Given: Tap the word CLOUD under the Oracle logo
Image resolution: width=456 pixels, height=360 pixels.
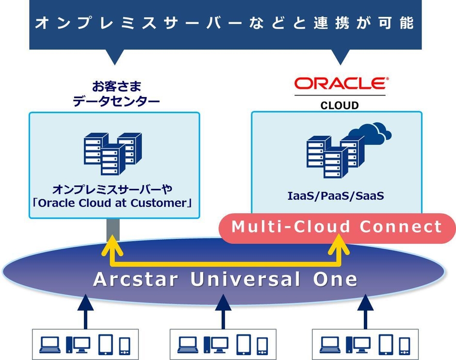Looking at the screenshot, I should pyautogui.click(x=340, y=105).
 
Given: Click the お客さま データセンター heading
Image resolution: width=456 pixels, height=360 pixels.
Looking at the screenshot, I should pyautogui.click(x=116, y=95).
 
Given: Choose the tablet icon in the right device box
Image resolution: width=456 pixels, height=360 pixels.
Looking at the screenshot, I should pyautogui.click(x=387, y=344).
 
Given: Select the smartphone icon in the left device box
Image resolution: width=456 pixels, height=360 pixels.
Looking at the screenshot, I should pyautogui.click(x=125, y=345).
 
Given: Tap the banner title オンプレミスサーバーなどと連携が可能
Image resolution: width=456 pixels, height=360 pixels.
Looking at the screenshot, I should pyautogui.click(x=225, y=23).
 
